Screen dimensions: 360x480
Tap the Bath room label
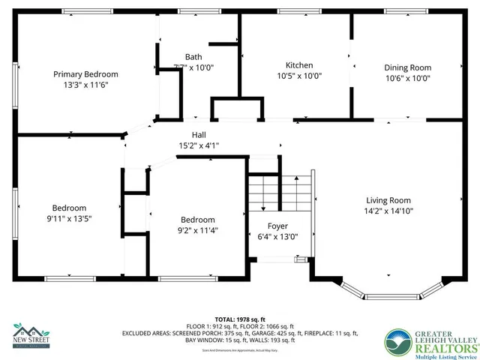pos(193,57)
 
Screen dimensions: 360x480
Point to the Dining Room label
pos(408,67)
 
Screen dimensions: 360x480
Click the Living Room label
pos(388,200)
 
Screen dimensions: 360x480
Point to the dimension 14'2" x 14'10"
pos(389,211)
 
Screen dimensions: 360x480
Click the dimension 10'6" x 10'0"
pos(408,78)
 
